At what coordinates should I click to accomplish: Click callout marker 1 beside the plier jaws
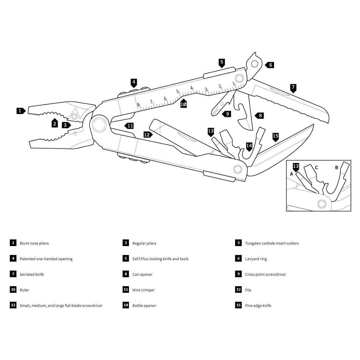pyautogui.click(x=20, y=110)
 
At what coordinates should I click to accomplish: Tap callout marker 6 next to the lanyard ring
pyautogui.click(x=270, y=65)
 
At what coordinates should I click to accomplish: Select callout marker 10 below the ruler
pyautogui.click(x=183, y=104)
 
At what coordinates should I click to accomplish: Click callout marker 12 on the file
pyautogui.click(x=147, y=134)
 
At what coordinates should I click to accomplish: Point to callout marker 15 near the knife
pyautogui.click(x=275, y=136)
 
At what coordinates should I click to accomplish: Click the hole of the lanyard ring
pyautogui.click(x=254, y=63)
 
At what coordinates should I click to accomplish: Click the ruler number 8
pyautogui.click(x=138, y=105)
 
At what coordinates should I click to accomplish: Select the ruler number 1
pyautogui.click(x=234, y=84)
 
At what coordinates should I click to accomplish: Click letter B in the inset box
pyautogui.click(x=336, y=168)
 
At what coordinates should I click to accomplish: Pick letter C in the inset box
pyautogui.click(x=316, y=168)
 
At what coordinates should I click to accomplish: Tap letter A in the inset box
pyautogui.click(x=291, y=174)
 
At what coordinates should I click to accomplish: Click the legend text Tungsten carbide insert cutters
pyautogui.click(x=272, y=243)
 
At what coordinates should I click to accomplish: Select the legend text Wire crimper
pyautogui.click(x=143, y=290)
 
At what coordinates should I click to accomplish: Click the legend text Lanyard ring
pyautogui.click(x=256, y=259)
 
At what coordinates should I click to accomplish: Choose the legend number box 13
pyautogui.click(x=13, y=305)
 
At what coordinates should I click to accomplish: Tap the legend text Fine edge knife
pyautogui.click(x=258, y=305)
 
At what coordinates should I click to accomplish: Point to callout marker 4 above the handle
pyautogui.click(x=134, y=82)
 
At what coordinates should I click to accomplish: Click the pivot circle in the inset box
pyautogui.click(x=321, y=204)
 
